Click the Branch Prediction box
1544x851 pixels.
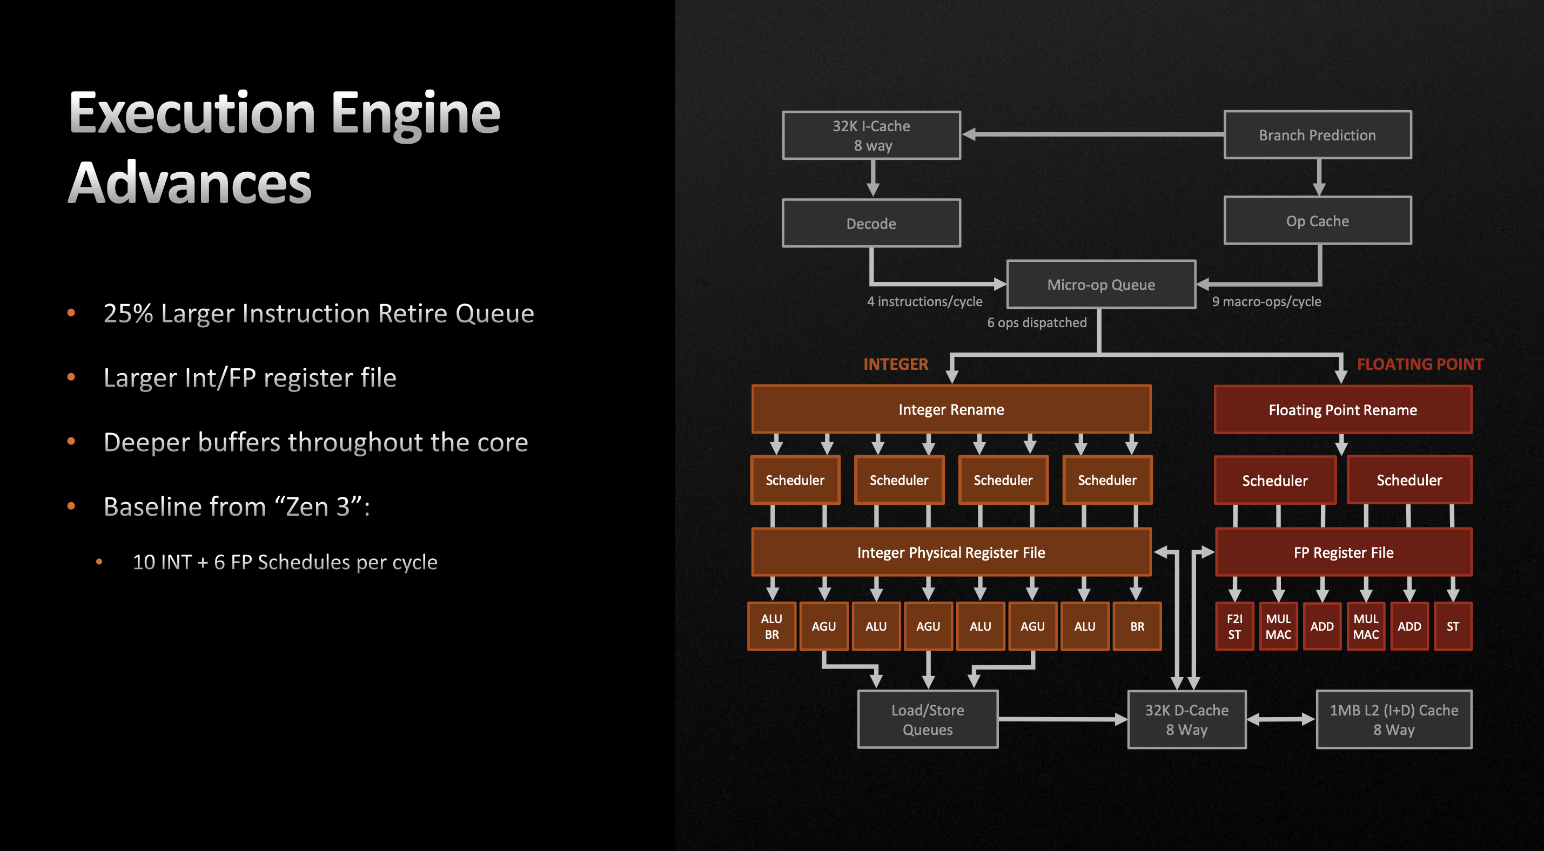[x=1317, y=135]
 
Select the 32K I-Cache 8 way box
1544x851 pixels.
[x=871, y=136]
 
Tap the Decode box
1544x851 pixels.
[x=871, y=224]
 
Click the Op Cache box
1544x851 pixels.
[x=1317, y=221]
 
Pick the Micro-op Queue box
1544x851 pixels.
[x=1100, y=285]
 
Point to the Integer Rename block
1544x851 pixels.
[x=951, y=409]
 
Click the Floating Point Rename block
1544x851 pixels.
[x=1342, y=410]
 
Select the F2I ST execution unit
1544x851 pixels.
[x=1233, y=626]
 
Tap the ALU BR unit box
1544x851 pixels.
[x=771, y=626]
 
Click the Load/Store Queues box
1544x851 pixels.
[x=927, y=719]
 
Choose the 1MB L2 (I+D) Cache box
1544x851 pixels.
[x=1394, y=719]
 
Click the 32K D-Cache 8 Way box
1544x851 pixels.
[x=1186, y=719]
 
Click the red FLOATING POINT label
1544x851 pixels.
[x=1419, y=364]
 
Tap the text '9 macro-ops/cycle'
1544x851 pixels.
[x=1266, y=301]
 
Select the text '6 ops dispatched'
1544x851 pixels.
[x=1036, y=322]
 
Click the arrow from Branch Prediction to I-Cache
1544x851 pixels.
[x=1091, y=135]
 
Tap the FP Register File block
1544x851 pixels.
[x=1342, y=552]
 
